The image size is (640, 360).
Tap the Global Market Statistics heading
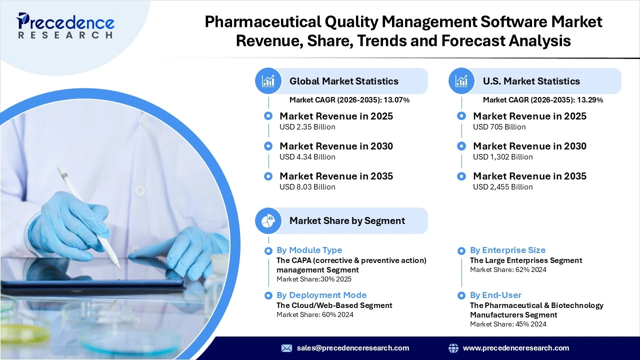[x=343, y=81]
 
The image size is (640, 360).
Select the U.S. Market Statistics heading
[x=531, y=81]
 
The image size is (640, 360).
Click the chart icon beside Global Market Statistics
[x=268, y=81]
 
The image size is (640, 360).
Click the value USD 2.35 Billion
[x=307, y=127]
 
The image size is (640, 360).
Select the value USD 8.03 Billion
[x=307, y=187]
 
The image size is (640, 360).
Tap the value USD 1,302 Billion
[x=502, y=157]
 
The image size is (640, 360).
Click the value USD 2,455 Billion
[x=502, y=187]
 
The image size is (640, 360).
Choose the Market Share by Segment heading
[x=347, y=220]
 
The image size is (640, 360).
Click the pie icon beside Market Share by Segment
[x=268, y=220]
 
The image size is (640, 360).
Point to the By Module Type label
[x=309, y=250]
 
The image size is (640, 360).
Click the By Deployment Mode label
[x=321, y=295]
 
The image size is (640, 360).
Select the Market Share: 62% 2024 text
[x=507, y=269]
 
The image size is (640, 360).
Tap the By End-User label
[x=495, y=295]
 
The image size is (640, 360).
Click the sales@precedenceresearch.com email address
[x=352, y=348]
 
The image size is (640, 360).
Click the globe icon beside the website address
[x=453, y=348]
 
